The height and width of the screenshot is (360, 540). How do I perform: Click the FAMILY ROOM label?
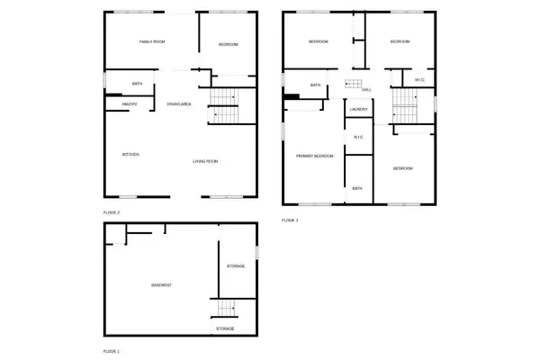(x=150, y=42)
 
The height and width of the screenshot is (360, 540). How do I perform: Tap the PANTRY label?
(x=130, y=104)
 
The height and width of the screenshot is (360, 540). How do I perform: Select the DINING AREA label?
(x=179, y=104)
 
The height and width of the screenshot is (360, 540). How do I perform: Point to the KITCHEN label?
(x=130, y=155)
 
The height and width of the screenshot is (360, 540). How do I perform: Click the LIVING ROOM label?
(x=206, y=162)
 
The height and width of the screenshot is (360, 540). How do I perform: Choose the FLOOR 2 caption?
(x=112, y=212)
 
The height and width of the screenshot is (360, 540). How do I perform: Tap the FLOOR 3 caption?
(x=290, y=220)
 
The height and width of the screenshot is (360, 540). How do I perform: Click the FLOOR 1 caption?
(x=112, y=350)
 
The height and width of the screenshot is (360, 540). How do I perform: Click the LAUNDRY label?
(x=357, y=109)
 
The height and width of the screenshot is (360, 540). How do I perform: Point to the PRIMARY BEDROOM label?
(x=315, y=157)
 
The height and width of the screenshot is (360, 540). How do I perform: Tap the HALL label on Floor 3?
(x=366, y=90)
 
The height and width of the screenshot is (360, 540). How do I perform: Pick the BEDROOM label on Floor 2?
(x=229, y=43)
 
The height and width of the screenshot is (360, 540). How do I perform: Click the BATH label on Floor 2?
(x=137, y=84)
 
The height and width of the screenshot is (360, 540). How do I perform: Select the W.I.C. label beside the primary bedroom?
(x=357, y=137)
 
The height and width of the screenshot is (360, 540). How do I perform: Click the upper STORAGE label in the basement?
(x=237, y=266)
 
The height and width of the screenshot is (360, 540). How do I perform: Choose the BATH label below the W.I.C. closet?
(x=357, y=188)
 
